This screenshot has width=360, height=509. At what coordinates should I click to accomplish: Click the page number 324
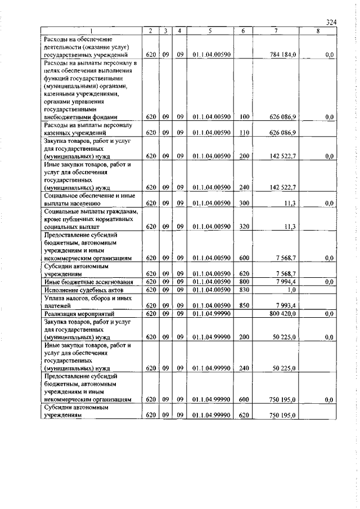pyautogui.click(x=331, y=22)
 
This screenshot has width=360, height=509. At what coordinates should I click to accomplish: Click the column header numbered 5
pyautogui.click(x=209, y=31)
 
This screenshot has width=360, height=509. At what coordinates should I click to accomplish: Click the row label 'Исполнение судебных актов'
pyautogui.click(x=85, y=289)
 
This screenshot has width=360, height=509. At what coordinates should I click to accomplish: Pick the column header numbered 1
pyautogui.click(x=91, y=31)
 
